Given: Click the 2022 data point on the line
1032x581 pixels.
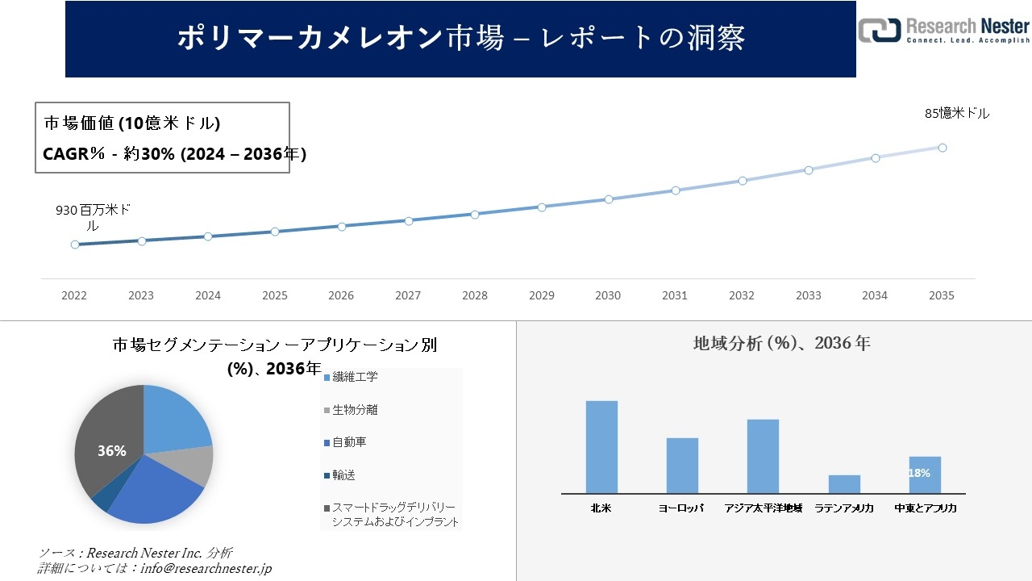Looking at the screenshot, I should click(75, 245).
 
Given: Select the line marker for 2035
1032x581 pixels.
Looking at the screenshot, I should click(942, 148).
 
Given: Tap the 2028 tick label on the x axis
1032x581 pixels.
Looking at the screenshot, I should click(475, 296).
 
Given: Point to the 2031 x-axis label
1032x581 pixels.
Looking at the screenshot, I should click(675, 296).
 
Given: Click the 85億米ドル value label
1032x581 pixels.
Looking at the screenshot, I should click(957, 114).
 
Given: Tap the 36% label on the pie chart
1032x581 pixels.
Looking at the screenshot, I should click(112, 451).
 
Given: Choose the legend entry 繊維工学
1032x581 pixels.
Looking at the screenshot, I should click(355, 377).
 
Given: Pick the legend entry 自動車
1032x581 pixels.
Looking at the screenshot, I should click(349, 442).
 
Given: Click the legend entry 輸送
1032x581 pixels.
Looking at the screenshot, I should click(343, 475).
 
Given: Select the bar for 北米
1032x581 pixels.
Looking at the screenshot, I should click(601, 447).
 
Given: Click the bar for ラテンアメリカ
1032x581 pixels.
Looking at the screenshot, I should click(844, 484).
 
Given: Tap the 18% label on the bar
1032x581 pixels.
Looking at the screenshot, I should click(919, 473).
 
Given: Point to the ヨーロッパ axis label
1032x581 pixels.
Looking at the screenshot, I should click(681, 508).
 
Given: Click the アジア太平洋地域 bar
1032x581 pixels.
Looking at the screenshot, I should click(763, 456).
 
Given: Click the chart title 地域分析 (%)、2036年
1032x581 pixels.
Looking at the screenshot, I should click(781, 343).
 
